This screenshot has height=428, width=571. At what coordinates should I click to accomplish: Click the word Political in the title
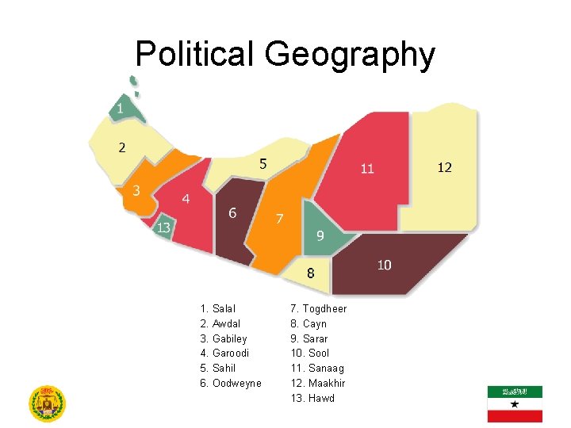coord(194,55)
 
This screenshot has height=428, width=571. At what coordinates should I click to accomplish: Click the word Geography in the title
coord(350,55)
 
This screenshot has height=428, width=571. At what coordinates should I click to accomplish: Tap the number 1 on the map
coord(120,108)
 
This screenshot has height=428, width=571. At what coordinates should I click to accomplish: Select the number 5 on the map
coord(263,164)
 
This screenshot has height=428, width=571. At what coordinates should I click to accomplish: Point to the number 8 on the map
coord(311,273)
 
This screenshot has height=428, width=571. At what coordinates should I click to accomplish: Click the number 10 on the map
coord(384,265)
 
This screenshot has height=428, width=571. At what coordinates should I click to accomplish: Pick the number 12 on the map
coord(445,167)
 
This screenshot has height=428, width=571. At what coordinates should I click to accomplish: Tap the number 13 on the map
coord(163,228)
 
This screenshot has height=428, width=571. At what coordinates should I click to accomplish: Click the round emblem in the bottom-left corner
coord(47,403)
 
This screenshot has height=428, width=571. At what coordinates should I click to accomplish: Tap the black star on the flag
coord(515,404)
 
